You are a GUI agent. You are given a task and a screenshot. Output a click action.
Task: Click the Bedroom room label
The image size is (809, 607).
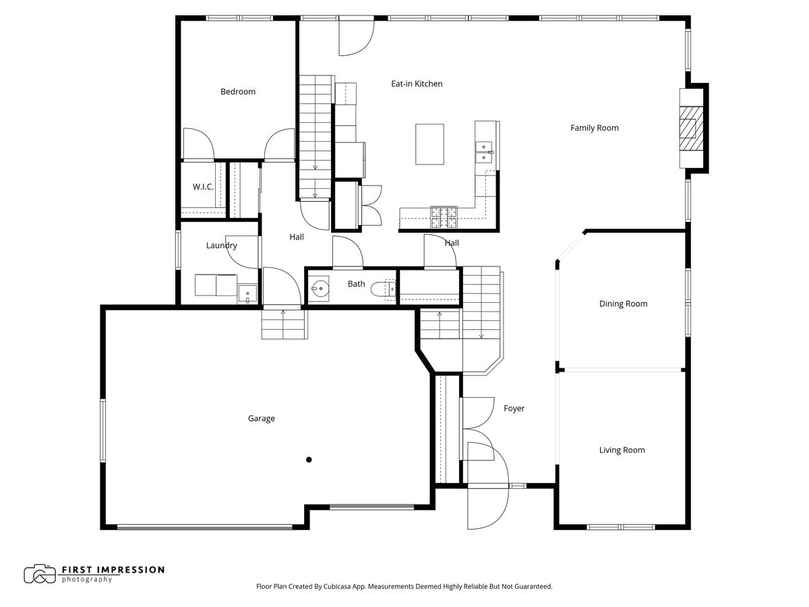(x=238, y=92)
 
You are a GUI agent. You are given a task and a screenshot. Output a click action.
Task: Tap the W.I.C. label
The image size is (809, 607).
(x=203, y=187)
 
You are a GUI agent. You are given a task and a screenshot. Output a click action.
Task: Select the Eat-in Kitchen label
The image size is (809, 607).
(x=417, y=84)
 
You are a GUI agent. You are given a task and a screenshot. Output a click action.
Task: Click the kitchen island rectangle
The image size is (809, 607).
(x=429, y=144)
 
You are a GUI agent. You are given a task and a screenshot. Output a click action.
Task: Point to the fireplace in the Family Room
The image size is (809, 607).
(x=689, y=128)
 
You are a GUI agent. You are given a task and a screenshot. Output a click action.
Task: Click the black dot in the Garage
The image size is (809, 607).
(x=309, y=460)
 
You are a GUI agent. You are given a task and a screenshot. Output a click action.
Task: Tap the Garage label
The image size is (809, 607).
(x=261, y=418)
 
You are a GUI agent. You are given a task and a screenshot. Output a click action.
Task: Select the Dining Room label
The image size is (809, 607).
(x=623, y=303)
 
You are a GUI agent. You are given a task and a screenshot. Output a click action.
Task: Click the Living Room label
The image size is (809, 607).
(x=622, y=450)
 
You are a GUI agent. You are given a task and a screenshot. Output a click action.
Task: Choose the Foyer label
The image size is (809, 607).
(x=514, y=408)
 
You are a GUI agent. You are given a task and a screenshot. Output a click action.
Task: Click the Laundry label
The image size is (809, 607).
(x=221, y=245)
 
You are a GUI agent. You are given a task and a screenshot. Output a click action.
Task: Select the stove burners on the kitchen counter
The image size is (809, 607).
(x=444, y=216)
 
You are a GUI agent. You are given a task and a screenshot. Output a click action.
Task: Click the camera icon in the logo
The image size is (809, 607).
(x=40, y=574)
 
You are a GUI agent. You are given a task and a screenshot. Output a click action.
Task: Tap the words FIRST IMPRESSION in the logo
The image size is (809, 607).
(x=113, y=569)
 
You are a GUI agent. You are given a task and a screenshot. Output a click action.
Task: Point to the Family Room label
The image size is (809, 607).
(x=594, y=127)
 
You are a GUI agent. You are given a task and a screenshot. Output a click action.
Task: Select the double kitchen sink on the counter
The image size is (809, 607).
(x=484, y=152)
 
